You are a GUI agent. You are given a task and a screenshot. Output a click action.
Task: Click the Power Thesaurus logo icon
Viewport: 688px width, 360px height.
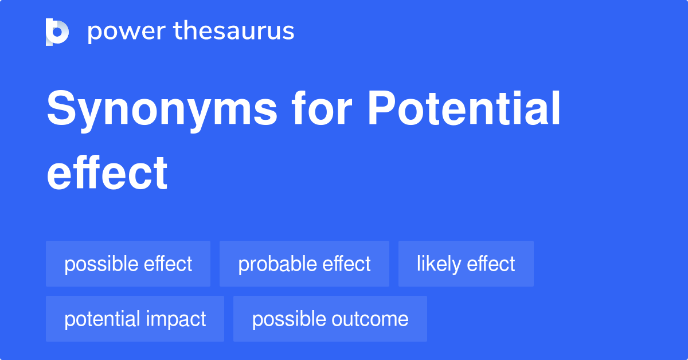pyautogui.click(x=57, y=32)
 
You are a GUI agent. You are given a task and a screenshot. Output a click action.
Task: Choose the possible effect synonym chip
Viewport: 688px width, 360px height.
pyautogui.click(x=128, y=264)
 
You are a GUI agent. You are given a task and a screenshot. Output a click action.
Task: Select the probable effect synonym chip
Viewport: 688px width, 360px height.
pyautogui.click(x=304, y=264)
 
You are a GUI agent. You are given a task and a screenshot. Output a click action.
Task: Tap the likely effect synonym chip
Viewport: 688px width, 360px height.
pyautogui.click(x=466, y=264)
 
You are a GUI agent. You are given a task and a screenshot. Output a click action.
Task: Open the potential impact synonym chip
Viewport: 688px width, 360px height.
pyautogui.click(x=135, y=319)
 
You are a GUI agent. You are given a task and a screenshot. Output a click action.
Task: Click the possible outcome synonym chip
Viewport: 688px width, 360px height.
pyautogui.click(x=330, y=319)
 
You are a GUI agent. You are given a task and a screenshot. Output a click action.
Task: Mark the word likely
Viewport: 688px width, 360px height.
pyautogui.click(x=439, y=264)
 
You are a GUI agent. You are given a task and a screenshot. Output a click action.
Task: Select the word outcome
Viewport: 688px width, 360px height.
pyautogui.click(x=374, y=319)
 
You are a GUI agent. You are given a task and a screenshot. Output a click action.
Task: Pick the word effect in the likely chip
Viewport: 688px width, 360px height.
pyautogui.click(x=491, y=264)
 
